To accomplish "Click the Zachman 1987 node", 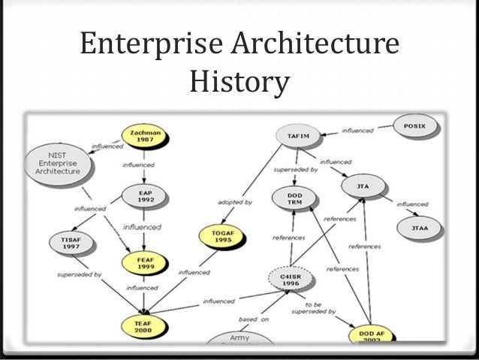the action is click(144, 136).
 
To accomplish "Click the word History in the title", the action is click(239, 83).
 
